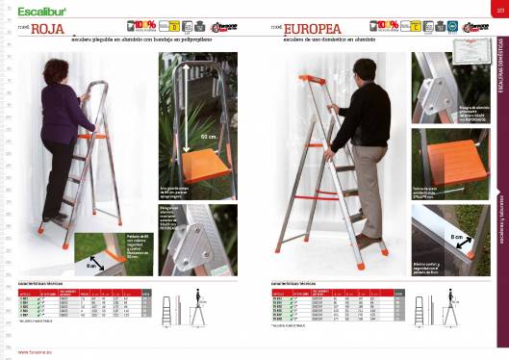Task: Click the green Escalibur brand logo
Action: [x=36, y=11]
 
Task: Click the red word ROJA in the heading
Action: [x=47, y=29]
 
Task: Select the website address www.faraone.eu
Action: [x=35, y=353]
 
